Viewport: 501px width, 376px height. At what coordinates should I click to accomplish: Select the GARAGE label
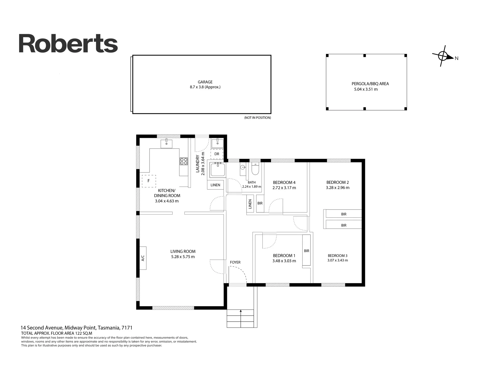(205, 82)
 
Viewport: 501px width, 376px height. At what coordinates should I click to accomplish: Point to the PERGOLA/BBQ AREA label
(370, 84)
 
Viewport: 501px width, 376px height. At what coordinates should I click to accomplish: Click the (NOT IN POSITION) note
(258, 118)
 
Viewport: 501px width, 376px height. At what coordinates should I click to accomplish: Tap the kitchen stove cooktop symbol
(184, 161)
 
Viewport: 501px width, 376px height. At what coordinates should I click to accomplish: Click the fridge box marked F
(149, 181)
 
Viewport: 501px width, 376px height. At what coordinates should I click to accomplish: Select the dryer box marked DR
(217, 154)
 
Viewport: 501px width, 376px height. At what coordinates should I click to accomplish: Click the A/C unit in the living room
(143, 258)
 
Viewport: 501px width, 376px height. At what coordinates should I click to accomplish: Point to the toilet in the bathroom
(255, 169)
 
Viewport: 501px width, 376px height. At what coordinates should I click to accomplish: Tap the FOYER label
(235, 262)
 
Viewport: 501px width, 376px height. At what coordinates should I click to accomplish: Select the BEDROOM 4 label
(284, 182)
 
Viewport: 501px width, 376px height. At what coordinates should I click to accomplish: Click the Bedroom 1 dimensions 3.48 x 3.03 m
(284, 261)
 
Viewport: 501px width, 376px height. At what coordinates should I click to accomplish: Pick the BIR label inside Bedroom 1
(307, 251)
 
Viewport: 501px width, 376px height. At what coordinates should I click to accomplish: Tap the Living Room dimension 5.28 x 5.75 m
(183, 257)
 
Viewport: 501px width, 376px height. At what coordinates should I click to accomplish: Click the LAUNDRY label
(197, 164)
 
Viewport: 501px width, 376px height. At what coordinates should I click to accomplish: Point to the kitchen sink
(166, 144)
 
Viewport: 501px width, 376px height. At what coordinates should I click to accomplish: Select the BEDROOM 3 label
(338, 256)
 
